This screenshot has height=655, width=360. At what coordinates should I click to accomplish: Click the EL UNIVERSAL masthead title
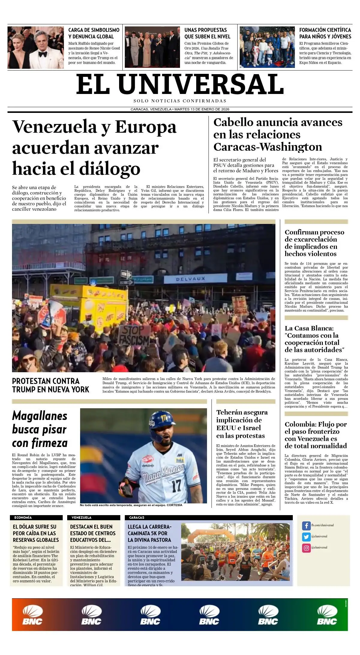coord(180,85)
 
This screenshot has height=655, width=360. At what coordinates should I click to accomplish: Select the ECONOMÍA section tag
coord(23,518)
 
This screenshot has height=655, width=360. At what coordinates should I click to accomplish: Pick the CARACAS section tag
coord(137,518)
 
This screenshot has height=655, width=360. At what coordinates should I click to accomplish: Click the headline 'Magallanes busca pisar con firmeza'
coord(40,429)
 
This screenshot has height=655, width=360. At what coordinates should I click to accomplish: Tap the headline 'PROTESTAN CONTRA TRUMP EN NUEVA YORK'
coord(50,385)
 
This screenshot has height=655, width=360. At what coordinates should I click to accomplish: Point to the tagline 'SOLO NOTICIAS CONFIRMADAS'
coord(180,101)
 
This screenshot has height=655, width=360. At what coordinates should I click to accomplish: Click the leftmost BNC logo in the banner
coord(32,615)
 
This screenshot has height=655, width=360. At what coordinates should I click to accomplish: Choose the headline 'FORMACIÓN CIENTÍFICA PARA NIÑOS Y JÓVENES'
coord(325,33)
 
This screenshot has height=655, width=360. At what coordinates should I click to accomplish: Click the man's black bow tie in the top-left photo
coord(43,54)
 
